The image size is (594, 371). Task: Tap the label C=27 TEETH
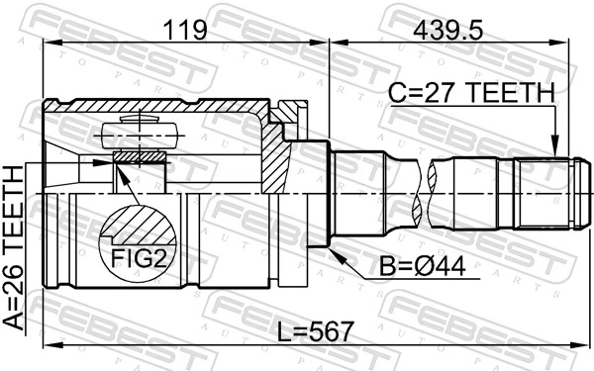(470, 93)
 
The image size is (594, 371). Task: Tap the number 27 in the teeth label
(434, 93)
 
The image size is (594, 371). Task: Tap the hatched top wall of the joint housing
(168, 106)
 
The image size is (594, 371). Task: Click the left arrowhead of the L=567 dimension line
(49, 345)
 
